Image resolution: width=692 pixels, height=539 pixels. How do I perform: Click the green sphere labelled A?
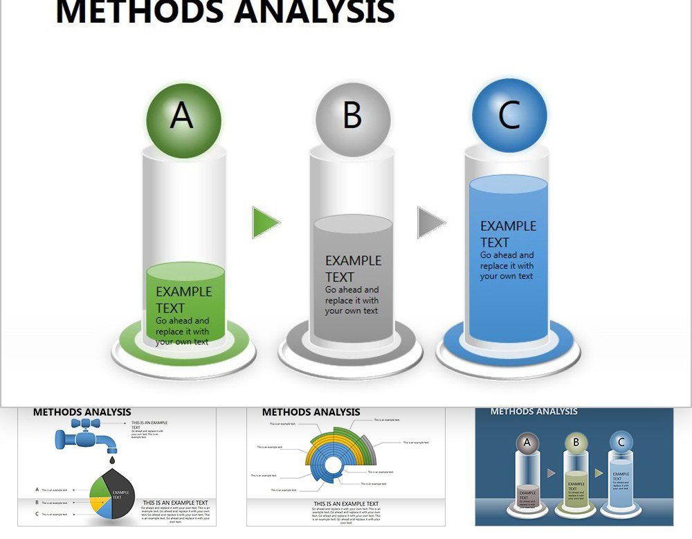tap(183, 116)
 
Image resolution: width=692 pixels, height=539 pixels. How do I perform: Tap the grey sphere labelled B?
tap(353, 116)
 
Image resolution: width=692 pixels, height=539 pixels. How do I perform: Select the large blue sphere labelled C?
tap(509, 116)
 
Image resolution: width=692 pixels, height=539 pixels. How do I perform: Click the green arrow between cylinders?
tap(265, 222)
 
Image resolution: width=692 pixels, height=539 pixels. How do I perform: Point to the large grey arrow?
tap(430, 222)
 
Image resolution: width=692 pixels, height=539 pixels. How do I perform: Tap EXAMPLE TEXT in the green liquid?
tap(183, 299)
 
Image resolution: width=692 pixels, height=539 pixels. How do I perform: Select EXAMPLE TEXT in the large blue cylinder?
tap(508, 234)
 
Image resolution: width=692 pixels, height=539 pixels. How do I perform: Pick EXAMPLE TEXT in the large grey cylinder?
tap(353, 269)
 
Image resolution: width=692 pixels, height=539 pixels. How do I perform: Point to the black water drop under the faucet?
tap(112, 458)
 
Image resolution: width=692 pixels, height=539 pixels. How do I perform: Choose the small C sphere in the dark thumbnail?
tap(621, 443)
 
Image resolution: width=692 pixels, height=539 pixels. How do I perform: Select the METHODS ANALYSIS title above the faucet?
tap(82, 412)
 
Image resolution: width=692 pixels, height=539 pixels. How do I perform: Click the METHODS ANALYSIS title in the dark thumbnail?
tap(534, 412)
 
